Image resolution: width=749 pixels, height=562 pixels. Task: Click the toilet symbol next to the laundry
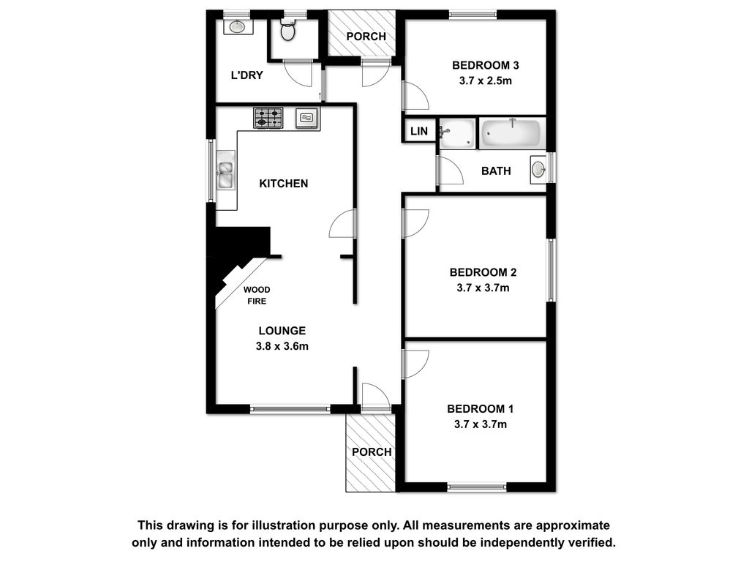(288, 31)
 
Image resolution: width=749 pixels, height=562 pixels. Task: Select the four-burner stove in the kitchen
(268, 118)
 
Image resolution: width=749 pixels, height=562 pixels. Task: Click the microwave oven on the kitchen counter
(306, 118)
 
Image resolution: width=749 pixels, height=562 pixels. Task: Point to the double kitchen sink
(225, 170)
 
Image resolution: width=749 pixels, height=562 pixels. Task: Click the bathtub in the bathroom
(511, 132)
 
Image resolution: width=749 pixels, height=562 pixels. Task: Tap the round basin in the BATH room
(538, 170)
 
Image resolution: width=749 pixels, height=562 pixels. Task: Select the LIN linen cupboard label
(419, 131)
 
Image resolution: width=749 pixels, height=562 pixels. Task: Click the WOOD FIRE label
(257, 296)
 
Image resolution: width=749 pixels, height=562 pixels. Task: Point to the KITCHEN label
(283, 184)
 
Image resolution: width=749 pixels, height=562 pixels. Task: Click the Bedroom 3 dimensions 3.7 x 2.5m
(486, 80)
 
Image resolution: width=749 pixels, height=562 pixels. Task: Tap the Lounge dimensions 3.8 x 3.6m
(282, 346)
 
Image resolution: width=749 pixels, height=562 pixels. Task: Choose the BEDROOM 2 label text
(483, 272)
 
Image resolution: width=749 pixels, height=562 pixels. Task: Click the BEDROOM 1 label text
(480, 409)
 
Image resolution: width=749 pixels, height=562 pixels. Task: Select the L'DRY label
(246, 75)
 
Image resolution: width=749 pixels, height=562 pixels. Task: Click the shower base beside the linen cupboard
(457, 133)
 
